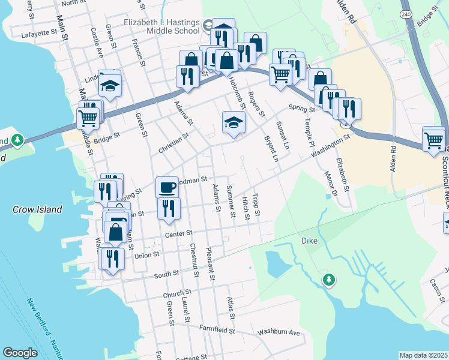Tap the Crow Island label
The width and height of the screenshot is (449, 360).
coord(37,209)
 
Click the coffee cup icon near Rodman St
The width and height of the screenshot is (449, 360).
coord(167,187)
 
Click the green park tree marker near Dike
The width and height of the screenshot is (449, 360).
coord(328,279)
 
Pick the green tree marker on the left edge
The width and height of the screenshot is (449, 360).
coord(17,140)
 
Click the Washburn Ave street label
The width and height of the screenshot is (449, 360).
coord(278,332)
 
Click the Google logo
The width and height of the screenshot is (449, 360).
coord(20,353)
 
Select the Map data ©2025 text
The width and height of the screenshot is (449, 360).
coord(423,355)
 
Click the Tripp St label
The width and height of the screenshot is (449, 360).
coord(256,205)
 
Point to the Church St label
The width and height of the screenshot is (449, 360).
coord(176,295)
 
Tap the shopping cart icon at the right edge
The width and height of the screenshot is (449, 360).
coord(433,140)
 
